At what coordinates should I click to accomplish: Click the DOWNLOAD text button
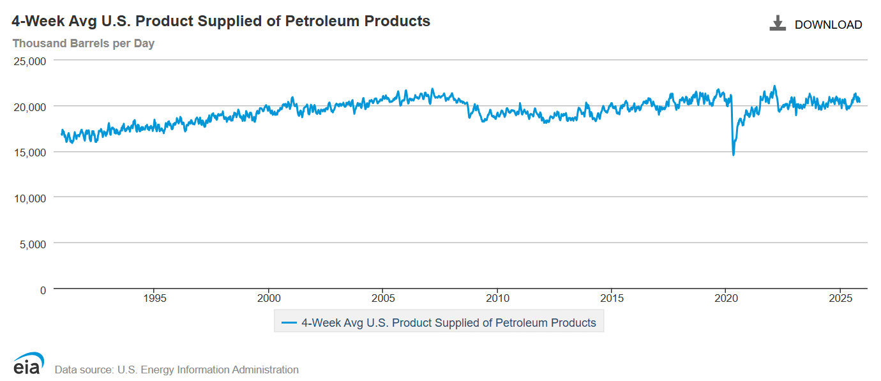[x=828, y=25]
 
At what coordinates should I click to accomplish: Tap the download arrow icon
[x=777, y=24]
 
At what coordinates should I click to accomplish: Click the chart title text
[x=221, y=21]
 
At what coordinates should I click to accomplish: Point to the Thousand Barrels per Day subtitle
[x=83, y=43]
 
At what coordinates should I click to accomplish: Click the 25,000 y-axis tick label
[x=30, y=61]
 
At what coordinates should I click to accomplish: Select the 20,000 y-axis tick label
[x=30, y=107]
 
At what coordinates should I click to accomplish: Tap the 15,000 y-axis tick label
[x=30, y=153]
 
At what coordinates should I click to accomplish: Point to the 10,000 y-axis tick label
[x=30, y=198]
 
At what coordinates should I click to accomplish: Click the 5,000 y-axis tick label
[x=33, y=244]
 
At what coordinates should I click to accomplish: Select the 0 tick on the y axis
[x=43, y=290]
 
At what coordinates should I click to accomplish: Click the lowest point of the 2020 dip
[x=733, y=154]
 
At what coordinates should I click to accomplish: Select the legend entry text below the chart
[x=448, y=323]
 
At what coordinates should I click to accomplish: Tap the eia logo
[x=27, y=364]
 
